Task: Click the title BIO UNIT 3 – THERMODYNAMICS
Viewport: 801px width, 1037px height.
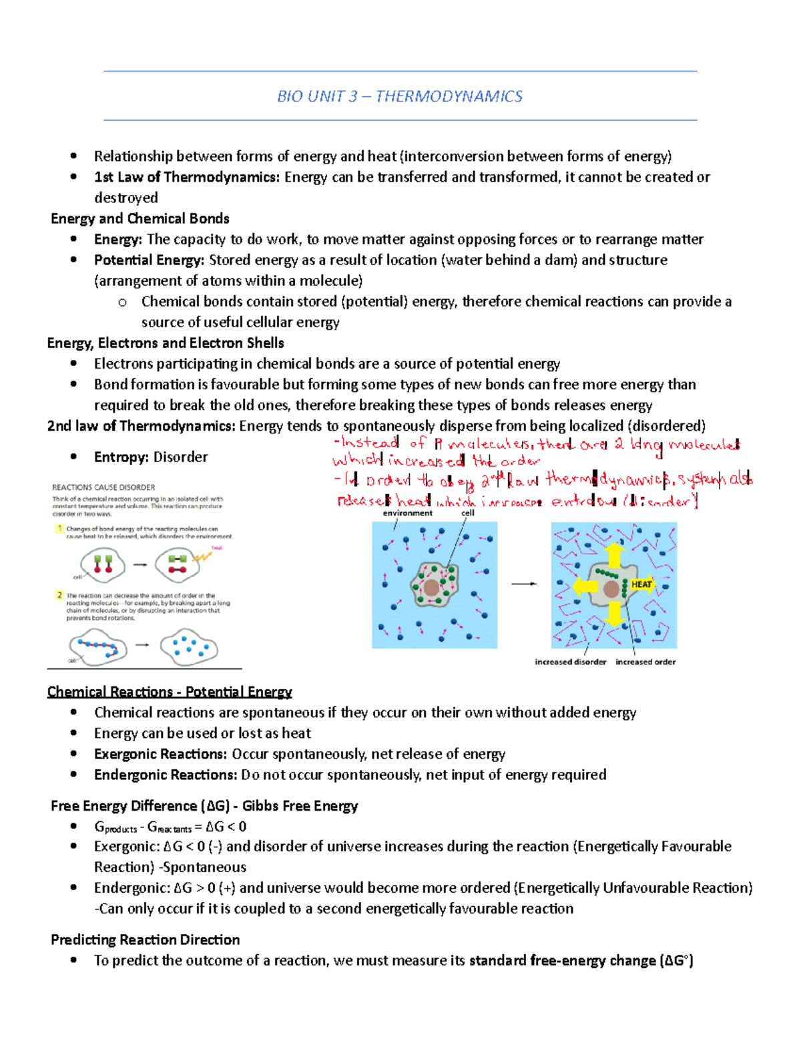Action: pyautogui.click(x=399, y=96)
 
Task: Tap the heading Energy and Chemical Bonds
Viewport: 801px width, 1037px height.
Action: pyautogui.click(x=140, y=218)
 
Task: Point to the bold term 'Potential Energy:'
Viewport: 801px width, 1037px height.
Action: pyautogui.click(x=149, y=260)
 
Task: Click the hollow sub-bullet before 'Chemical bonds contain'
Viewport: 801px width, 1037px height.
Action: pyautogui.click(x=122, y=302)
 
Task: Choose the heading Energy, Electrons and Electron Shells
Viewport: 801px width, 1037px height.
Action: pyautogui.click(x=166, y=343)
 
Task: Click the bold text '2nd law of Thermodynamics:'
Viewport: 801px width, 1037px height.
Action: pyautogui.click(x=141, y=425)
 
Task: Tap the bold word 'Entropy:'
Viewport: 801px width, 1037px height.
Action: pyautogui.click(x=121, y=457)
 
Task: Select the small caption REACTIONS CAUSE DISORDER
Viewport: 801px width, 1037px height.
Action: pyautogui.click(x=103, y=487)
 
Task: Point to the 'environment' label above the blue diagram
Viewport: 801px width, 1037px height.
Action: pyautogui.click(x=407, y=513)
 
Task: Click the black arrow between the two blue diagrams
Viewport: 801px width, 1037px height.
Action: pyautogui.click(x=524, y=584)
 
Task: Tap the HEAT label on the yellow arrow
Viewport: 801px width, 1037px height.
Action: pyautogui.click(x=641, y=584)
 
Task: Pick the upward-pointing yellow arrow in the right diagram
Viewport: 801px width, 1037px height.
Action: pyautogui.click(x=614, y=555)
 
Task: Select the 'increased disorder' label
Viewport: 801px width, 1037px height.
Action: pyautogui.click(x=570, y=662)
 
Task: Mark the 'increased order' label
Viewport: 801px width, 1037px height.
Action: pyautogui.click(x=645, y=662)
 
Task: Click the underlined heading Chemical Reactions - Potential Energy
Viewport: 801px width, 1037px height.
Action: pyautogui.click(x=170, y=692)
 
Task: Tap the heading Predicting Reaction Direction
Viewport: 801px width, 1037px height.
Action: pyautogui.click(x=146, y=940)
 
